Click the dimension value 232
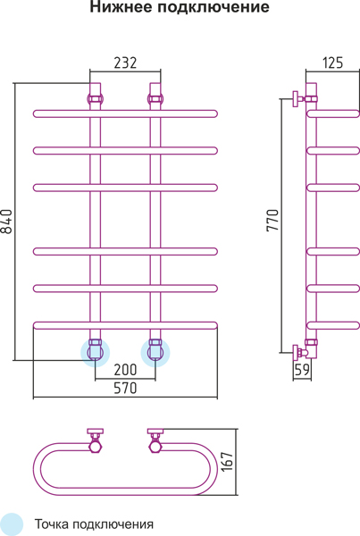tap(125, 63)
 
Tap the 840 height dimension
tap(6, 222)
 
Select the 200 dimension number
tap(125, 370)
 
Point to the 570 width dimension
tap(125, 388)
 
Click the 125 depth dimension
tap(332, 63)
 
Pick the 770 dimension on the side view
tap(272, 221)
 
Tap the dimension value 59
tap(302, 370)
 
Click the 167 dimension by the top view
tap(228, 462)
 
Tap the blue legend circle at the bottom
tap(10, 524)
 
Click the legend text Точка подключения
tap(94, 524)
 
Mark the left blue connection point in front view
tap(95, 353)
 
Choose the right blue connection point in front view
tap(155, 353)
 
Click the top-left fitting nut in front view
tap(95, 99)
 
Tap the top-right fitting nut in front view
tap(155, 99)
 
